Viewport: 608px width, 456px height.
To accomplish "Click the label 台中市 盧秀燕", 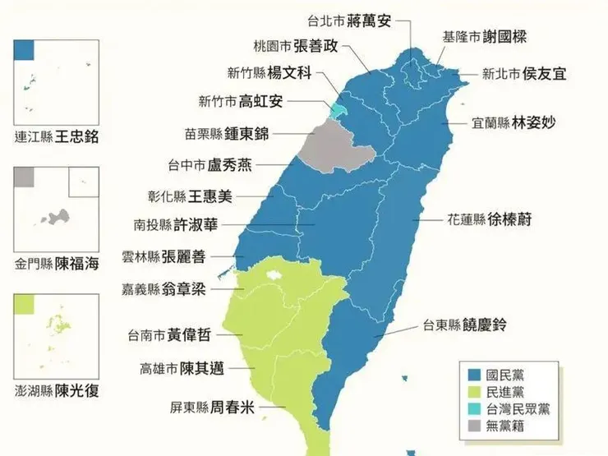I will coord(210,164).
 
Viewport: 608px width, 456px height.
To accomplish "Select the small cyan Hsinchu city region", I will coord(338,108).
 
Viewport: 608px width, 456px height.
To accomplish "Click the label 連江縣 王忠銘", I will coord(57,136).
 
